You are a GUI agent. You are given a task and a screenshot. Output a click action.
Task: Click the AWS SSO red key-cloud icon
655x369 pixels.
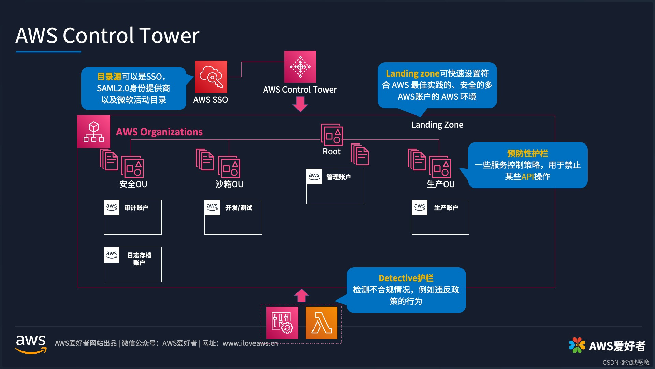click(x=211, y=77)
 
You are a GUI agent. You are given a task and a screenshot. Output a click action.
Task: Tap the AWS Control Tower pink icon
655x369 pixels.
click(x=300, y=67)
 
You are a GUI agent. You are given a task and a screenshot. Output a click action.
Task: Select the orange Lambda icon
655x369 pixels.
click(x=321, y=323)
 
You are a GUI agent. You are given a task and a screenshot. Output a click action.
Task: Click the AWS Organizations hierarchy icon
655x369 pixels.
click(x=94, y=132)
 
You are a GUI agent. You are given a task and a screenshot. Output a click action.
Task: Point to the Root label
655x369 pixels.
click(x=332, y=152)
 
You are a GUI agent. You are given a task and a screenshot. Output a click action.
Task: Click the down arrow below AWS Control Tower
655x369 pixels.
click(x=300, y=104)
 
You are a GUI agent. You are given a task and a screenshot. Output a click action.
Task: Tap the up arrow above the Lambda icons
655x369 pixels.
click(x=301, y=296)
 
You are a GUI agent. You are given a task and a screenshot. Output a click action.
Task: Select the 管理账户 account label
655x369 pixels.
click(x=338, y=177)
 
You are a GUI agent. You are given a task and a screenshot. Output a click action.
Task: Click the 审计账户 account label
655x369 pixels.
click(x=136, y=208)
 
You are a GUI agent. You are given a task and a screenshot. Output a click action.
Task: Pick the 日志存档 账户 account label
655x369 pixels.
click(x=139, y=259)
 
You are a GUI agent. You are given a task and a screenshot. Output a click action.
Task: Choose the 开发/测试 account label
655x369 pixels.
click(x=239, y=208)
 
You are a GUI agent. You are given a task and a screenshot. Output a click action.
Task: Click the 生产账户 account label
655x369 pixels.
click(x=446, y=208)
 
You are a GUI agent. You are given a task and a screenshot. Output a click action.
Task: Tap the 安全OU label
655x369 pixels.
click(x=133, y=184)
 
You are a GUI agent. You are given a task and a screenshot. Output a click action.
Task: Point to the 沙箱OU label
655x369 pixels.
click(x=229, y=184)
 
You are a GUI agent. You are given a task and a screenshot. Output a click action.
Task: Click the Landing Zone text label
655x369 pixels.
click(x=437, y=125)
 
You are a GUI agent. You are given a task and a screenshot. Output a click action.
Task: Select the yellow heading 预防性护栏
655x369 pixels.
click(x=527, y=153)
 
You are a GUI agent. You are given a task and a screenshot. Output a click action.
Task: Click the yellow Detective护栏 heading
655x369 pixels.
click(x=406, y=278)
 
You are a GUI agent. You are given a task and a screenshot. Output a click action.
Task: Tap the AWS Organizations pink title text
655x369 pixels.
click(x=159, y=132)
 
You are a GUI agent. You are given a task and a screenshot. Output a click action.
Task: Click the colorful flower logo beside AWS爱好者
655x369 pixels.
click(x=577, y=345)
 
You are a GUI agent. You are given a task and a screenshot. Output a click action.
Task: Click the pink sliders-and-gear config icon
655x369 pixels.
click(x=282, y=323)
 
